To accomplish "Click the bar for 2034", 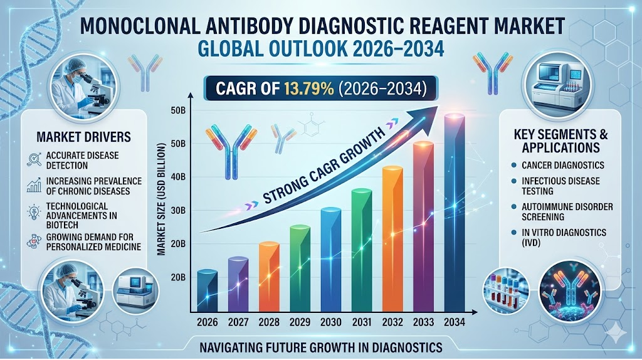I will [x=454, y=213].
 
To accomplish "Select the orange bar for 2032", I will [x=392, y=238].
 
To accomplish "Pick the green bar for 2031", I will [x=361, y=251].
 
